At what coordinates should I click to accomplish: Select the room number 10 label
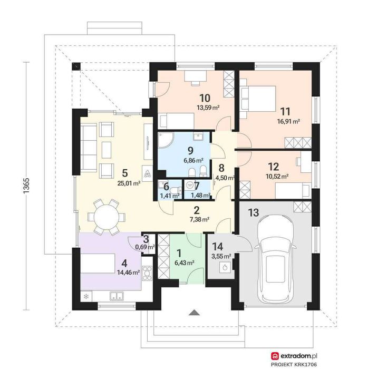click(205, 98)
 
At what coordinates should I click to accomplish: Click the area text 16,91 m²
click(288, 121)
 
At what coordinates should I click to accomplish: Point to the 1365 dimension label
click(26, 186)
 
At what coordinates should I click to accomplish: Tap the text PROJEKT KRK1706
click(294, 365)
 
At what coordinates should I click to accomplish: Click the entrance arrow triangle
click(195, 312)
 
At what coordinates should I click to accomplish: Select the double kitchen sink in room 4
click(117, 296)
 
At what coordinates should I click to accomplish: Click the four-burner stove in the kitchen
click(147, 274)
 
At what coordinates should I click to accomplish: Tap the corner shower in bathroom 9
click(164, 140)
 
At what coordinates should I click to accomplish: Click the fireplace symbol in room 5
click(147, 173)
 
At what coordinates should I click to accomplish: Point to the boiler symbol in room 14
click(225, 267)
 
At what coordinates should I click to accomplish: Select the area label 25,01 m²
click(129, 183)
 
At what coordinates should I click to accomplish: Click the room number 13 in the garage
click(254, 212)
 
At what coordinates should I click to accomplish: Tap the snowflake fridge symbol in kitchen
click(86, 296)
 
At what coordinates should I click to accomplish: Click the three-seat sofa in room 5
click(89, 148)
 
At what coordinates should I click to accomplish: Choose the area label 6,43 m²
click(185, 263)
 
